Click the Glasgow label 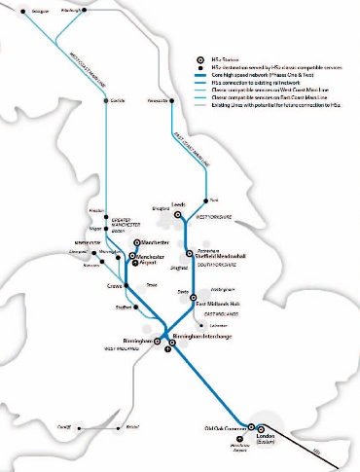point(39,13)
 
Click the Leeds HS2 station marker point(179,214)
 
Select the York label point(216,200)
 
